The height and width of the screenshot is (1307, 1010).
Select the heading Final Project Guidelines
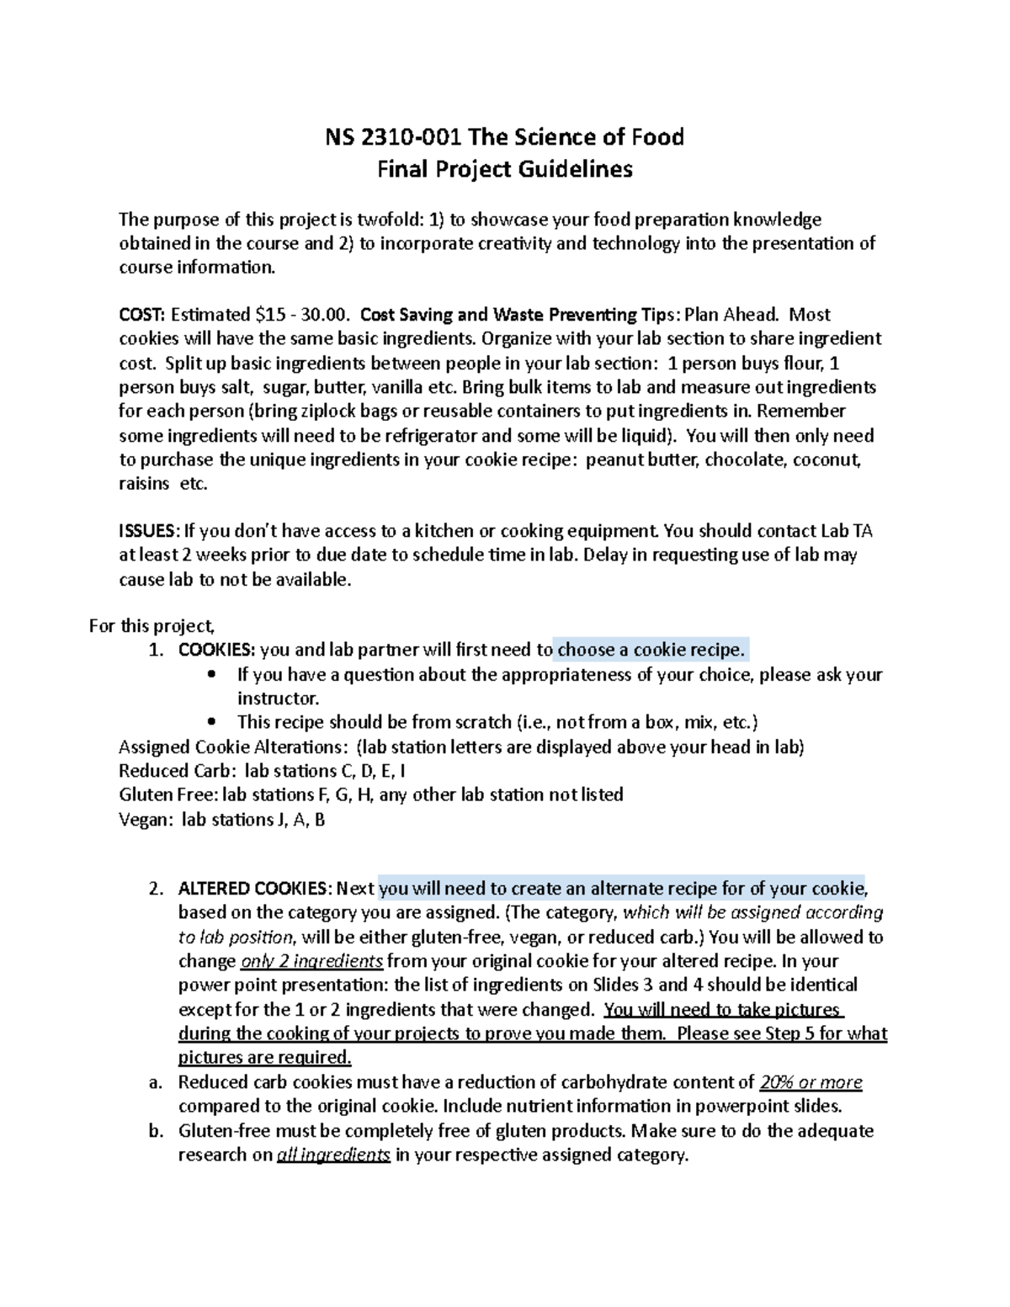click(x=504, y=169)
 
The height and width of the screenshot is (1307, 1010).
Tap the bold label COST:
click(x=142, y=315)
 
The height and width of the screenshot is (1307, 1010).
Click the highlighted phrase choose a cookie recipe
click(x=651, y=650)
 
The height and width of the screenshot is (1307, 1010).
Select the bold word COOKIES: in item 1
click(x=217, y=650)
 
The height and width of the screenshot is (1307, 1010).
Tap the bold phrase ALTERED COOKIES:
click(x=255, y=889)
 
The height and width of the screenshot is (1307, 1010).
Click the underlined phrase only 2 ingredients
click(x=311, y=961)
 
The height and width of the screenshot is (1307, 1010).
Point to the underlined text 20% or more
click(x=811, y=1082)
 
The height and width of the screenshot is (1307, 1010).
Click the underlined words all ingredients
click(x=333, y=1156)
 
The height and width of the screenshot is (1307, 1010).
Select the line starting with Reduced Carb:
click(x=262, y=771)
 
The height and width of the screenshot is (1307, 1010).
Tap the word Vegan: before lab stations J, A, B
click(x=145, y=820)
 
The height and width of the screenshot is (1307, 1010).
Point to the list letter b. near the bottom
click(x=155, y=1131)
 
